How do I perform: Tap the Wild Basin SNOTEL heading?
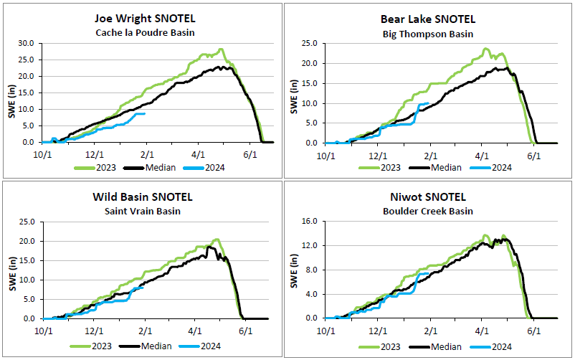143,197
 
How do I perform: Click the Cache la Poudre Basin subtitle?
146,33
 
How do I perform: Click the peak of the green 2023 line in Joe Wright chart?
222,49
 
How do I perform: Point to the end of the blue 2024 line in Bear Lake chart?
428,103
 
